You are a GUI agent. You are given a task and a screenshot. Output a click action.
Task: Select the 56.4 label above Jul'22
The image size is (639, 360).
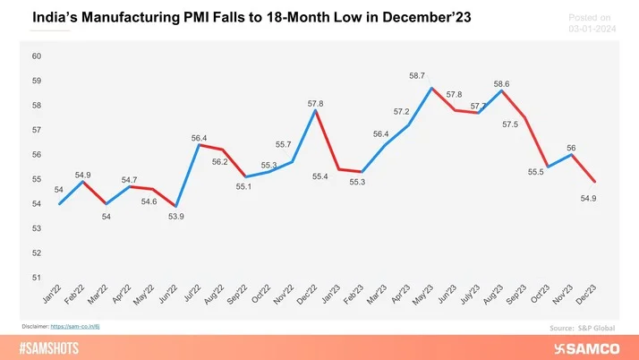(199, 138)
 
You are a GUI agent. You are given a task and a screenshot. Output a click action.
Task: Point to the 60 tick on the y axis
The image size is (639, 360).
(37, 56)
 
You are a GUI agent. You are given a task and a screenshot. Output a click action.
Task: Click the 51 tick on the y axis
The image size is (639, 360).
(37, 278)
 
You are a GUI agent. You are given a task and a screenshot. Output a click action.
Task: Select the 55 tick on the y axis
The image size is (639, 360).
(37, 179)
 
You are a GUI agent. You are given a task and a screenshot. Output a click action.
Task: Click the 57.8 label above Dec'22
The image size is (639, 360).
(315, 104)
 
